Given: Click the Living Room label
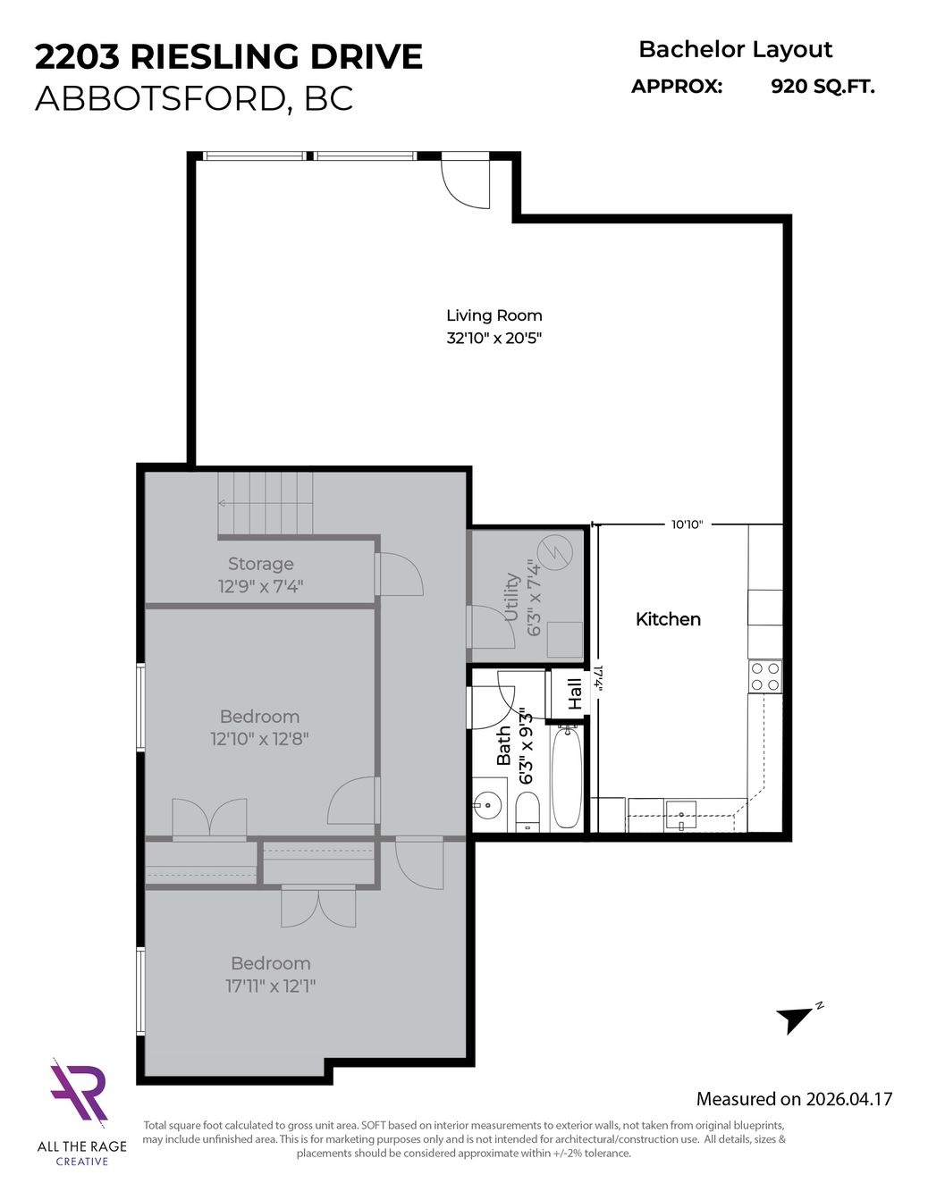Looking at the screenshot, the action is tap(494, 315).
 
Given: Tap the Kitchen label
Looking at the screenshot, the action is tap(668, 619).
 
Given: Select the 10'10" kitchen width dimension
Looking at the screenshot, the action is tap(687, 524).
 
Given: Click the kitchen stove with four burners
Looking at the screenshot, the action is tap(765, 676).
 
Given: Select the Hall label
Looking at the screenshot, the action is tap(575, 694).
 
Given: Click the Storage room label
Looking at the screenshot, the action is tap(261, 564).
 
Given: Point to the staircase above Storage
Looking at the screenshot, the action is tap(266, 504).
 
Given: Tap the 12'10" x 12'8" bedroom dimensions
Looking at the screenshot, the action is tap(259, 739).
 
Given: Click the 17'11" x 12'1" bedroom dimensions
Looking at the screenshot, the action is tap(270, 986).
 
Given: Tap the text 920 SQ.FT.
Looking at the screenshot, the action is tap(823, 87).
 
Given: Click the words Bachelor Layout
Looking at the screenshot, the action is tap(735, 50).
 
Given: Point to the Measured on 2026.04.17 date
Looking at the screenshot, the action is tap(794, 1098).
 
